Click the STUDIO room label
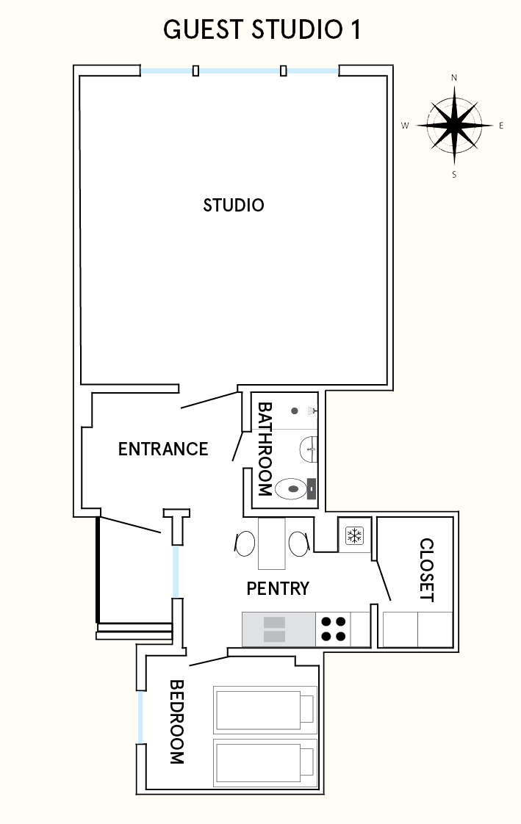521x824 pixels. (x=234, y=205)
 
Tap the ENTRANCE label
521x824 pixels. (x=163, y=449)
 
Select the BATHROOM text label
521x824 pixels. (x=265, y=449)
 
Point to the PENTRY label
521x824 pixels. (x=278, y=588)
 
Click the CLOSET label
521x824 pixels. (x=426, y=570)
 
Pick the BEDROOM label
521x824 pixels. (x=176, y=721)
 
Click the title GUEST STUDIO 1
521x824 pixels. (x=262, y=30)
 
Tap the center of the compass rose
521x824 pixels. (x=454, y=126)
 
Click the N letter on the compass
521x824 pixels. (x=454, y=78)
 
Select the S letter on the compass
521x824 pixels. (x=454, y=175)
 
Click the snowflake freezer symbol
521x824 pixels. (x=354, y=536)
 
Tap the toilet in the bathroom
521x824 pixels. (x=295, y=488)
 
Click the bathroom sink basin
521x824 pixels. (x=309, y=449)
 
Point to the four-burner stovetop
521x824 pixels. (x=334, y=629)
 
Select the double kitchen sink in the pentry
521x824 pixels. (x=274, y=629)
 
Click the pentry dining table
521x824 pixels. (x=271, y=543)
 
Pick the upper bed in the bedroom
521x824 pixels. (x=265, y=710)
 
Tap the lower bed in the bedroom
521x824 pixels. (x=265, y=762)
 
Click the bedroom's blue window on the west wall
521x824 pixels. (x=140, y=717)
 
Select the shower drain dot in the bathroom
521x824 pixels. (x=295, y=411)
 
